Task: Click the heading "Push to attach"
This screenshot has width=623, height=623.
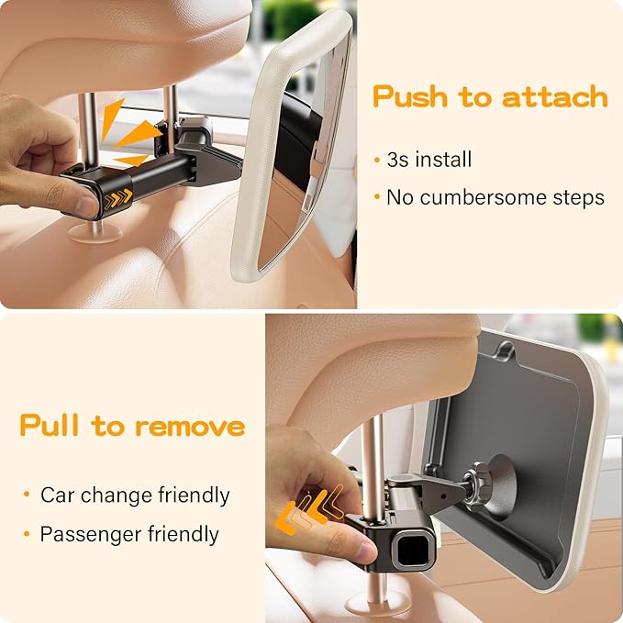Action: [490, 96]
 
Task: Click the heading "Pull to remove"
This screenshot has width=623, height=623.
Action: [132, 426]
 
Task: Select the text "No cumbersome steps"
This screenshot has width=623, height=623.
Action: [495, 197]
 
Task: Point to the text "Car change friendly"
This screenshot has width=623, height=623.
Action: [134, 495]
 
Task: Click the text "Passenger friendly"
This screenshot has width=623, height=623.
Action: [128, 534]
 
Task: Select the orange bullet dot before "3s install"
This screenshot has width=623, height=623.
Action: [377, 161]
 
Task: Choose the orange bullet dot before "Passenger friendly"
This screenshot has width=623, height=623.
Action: [28, 534]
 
